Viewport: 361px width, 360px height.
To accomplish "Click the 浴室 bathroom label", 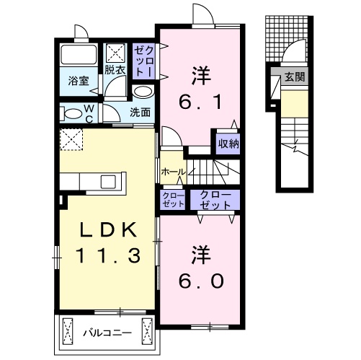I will (x=79, y=81).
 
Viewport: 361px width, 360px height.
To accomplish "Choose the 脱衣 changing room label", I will (x=114, y=70).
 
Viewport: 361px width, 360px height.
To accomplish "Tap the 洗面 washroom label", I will (x=141, y=112).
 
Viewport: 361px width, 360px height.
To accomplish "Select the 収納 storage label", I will (x=228, y=143).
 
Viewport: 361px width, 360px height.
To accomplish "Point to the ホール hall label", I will (x=173, y=172).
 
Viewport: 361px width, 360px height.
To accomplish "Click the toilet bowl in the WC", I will (x=72, y=114).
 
